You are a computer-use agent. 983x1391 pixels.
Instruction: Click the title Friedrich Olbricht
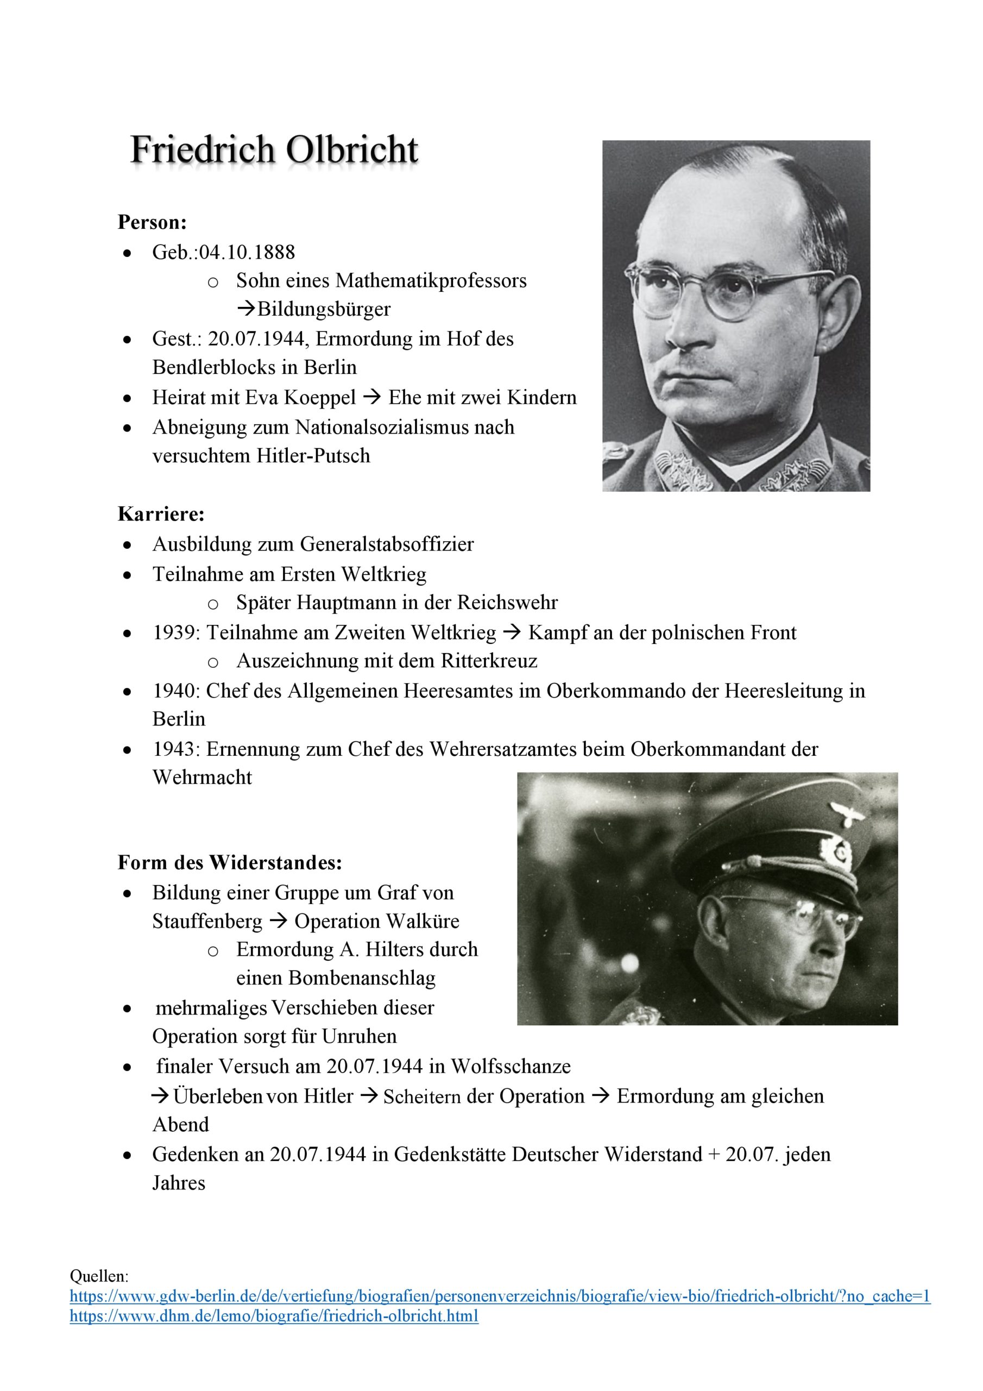click(274, 149)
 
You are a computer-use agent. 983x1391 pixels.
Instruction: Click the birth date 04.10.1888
click(247, 252)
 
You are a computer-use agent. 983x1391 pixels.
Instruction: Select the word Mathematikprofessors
click(431, 280)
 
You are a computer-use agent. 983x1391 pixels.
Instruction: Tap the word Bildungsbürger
click(324, 309)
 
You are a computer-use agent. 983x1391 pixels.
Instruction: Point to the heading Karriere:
click(161, 514)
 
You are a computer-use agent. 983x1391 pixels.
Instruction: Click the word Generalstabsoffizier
click(387, 544)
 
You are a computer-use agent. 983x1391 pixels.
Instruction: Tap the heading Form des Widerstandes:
click(230, 862)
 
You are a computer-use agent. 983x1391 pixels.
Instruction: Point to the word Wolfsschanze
click(511, 1066)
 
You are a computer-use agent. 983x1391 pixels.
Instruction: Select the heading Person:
click(152, 222)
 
